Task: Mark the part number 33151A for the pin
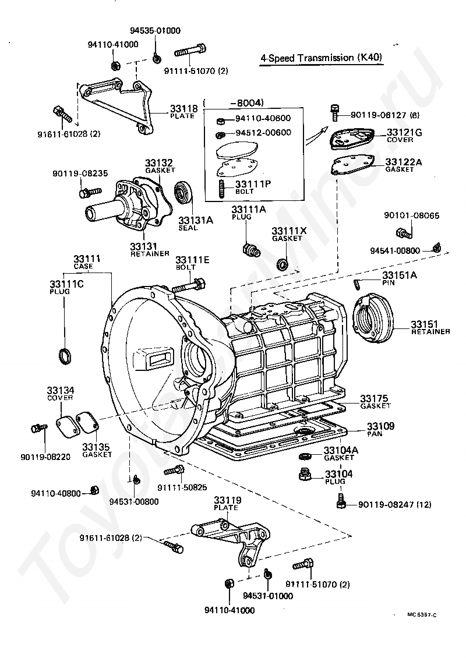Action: click(400, 275)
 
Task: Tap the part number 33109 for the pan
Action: click(380, 426)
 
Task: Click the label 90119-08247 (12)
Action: click(394, 504)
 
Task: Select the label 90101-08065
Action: click(411, 215)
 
